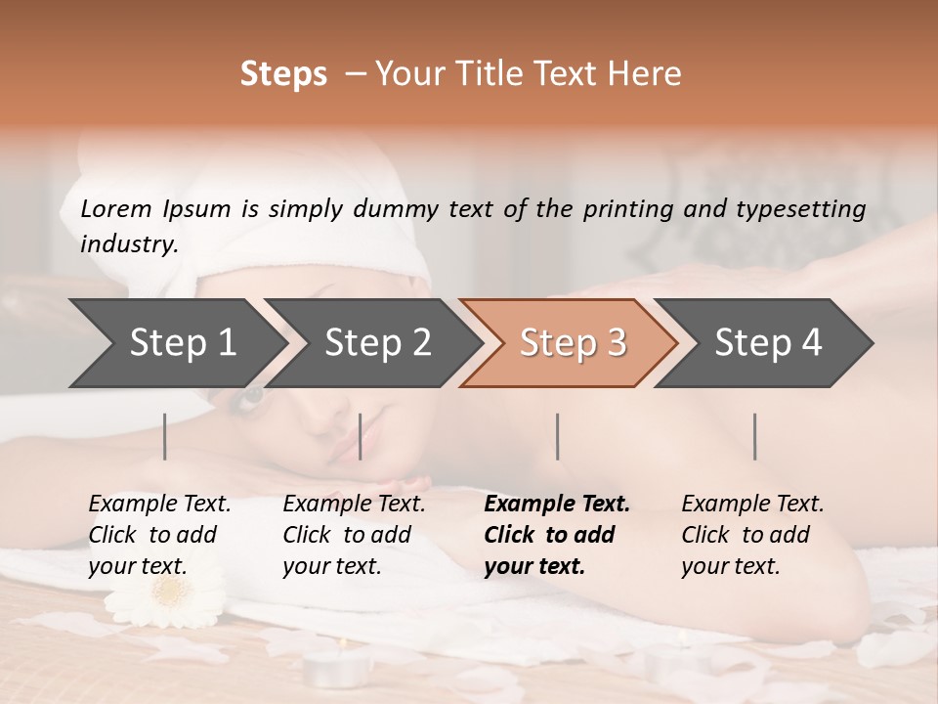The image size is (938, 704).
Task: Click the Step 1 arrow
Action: [182, 342]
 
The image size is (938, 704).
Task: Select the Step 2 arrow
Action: [377, 342]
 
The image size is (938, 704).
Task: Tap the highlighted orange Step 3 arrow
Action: [572, 342]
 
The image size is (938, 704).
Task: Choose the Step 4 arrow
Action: [767, 342]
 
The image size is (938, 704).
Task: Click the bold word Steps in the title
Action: [283, 73]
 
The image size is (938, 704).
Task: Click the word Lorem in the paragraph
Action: [116, 208]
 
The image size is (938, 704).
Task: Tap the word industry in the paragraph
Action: [127, 244]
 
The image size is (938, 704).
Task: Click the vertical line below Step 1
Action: [164, 436]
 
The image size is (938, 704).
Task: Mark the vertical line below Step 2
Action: [361, 436]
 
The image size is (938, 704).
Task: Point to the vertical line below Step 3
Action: [557, 436]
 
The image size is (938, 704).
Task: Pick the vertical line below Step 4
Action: [754, 436]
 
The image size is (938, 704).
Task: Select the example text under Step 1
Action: [158, 535]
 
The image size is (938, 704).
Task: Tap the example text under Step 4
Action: [751, 535]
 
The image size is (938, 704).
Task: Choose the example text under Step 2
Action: [353, 535]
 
